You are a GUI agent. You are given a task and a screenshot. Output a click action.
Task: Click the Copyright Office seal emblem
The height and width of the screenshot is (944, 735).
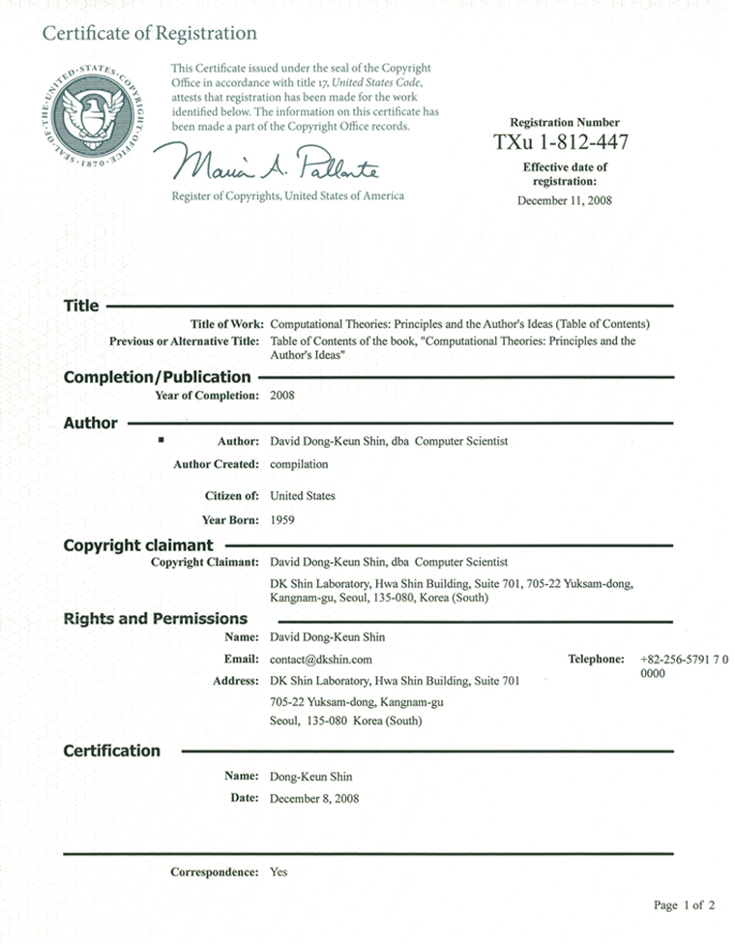click(x=93, y=117)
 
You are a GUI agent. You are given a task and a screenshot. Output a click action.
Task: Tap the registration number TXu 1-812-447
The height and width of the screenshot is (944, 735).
click(x=561, y=142)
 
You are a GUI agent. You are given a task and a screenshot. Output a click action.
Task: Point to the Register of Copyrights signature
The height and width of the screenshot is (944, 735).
click(x=277, y=162)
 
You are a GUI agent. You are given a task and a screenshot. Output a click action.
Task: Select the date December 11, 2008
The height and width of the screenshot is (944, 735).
click(x=565, y=201)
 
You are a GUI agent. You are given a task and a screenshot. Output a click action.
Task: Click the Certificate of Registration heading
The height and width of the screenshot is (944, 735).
click(x=149, y=34)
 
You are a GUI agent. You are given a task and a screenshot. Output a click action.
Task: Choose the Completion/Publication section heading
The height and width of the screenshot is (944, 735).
click(x=157, y=376)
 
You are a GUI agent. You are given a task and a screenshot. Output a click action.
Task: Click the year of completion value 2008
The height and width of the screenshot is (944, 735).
click(x=282, y=396)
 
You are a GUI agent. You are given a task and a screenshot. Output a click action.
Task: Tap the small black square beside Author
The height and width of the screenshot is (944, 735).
click(x=162, y=440)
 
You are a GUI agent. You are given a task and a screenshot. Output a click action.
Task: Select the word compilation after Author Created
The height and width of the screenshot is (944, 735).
click(x=299, y=464)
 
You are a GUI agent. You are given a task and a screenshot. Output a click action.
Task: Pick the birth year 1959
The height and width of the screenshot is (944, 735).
click(x=282, y=520)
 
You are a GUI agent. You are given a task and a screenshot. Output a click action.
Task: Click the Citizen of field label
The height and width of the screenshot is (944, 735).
click(x=231, y=496)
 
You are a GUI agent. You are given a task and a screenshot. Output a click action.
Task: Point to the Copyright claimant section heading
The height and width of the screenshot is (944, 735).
click(x=138, y=546)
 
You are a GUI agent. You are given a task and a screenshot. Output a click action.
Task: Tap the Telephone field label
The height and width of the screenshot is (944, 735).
click(x=596, y=660)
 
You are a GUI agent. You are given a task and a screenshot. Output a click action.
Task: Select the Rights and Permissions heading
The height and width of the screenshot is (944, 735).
click(x=155, y=619)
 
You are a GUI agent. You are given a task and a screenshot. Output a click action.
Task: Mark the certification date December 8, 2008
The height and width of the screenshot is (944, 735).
click(x=314, y=799)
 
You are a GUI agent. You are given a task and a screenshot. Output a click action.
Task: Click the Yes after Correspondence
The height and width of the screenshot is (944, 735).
click(x=279, y=872)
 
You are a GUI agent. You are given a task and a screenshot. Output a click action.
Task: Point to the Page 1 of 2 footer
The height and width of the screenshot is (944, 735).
click(x=684, y=906)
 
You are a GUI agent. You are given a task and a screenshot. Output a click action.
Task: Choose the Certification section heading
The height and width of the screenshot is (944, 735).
click(x=111, y=751)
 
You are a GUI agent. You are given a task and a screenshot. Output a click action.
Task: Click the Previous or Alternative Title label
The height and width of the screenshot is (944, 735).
click(x=184, y=341)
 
